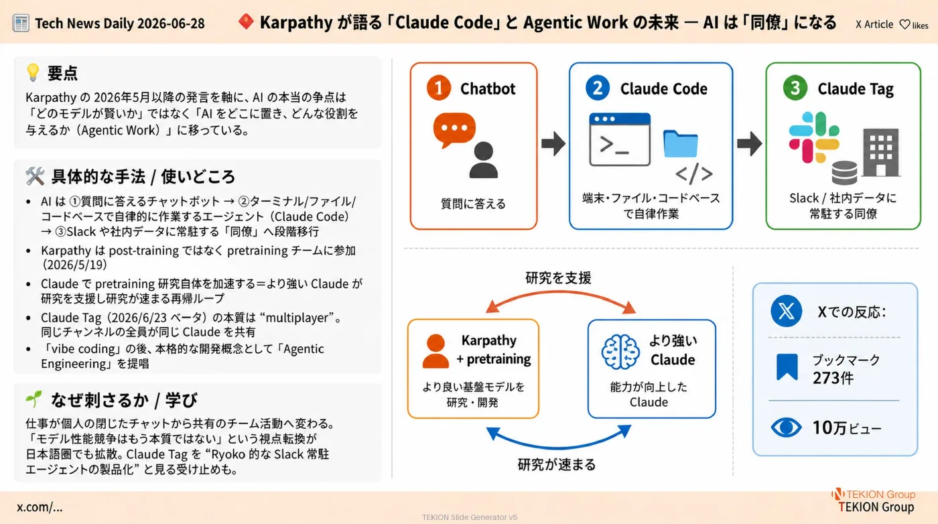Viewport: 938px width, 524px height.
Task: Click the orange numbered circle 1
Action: (438, 88)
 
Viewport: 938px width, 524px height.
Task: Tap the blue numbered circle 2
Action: (598, 88)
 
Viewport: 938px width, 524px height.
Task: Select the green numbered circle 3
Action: (795, 88)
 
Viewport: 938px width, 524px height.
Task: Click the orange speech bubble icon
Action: (454, 130)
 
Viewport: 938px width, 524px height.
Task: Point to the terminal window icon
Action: (620, 139)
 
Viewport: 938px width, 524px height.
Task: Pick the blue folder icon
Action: (681, 143)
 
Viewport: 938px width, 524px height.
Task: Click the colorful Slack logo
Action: (814, 137)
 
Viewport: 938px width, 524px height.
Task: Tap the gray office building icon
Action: (881, 152)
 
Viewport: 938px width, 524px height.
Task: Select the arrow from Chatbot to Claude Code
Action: (553, 143)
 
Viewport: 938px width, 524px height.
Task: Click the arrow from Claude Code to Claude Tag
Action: (750, 143)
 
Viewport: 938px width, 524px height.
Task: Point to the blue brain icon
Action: (620, 352)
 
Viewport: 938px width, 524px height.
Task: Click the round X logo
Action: (786, 311)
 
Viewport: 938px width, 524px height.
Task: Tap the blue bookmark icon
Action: (787, 367)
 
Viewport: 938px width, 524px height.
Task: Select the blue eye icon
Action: (786, 428)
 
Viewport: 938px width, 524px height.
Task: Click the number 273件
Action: (833, 378)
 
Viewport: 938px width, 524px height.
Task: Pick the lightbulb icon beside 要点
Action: (33, 72)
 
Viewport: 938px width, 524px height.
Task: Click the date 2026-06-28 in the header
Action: (171, 23)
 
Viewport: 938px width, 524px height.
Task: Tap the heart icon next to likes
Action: (904, 25)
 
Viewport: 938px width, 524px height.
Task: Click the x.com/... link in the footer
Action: (40, 507)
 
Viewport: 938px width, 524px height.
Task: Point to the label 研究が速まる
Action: (557, 464)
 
